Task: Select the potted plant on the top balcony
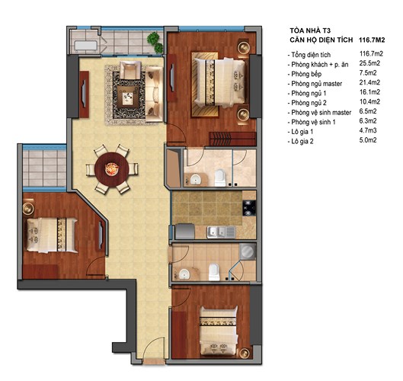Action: coord(155,39)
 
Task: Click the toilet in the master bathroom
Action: coord(220,177)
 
